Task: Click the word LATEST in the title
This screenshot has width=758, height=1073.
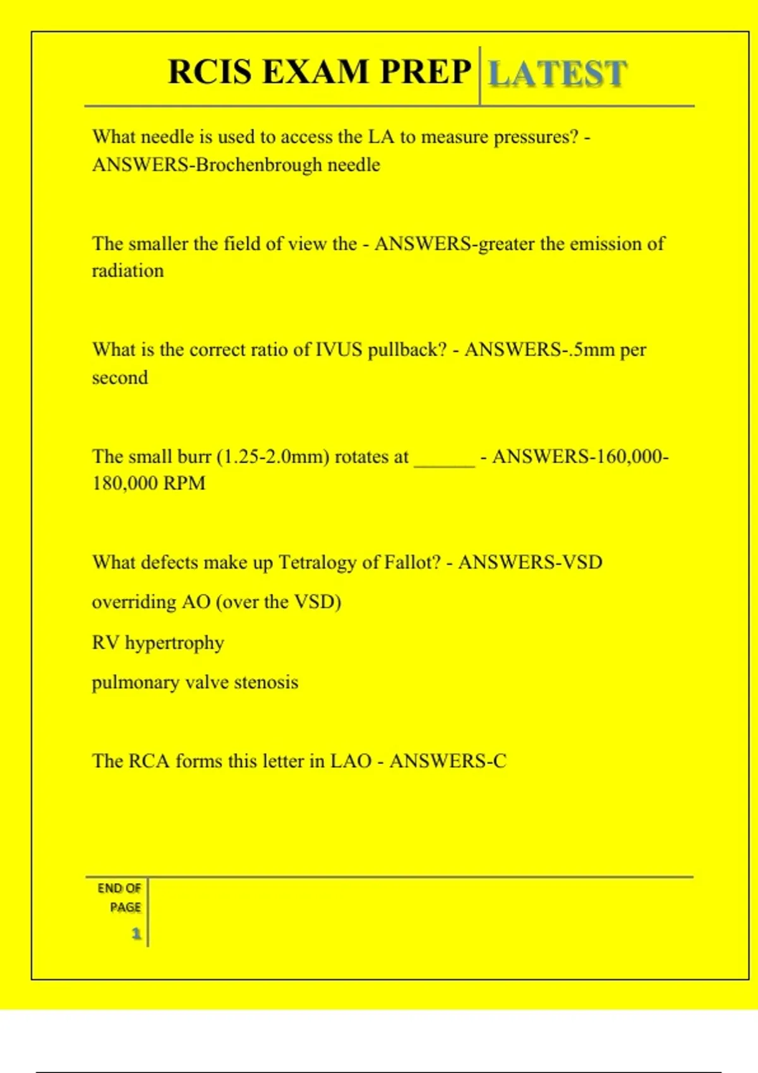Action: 558,73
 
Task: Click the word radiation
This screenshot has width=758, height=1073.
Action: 128,271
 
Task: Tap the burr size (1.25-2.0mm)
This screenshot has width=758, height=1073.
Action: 273,456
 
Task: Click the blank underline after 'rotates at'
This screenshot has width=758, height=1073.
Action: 444,461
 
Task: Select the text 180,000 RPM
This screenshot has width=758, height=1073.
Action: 149,483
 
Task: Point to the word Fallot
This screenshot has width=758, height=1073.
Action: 411,562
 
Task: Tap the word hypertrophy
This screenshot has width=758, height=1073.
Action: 174,643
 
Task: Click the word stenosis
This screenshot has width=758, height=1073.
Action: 266,682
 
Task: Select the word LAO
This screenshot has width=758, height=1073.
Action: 351,761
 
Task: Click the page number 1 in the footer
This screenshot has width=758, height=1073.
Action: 136,934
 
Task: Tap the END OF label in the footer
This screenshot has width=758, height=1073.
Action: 119,889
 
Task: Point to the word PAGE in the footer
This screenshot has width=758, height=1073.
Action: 125,908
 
